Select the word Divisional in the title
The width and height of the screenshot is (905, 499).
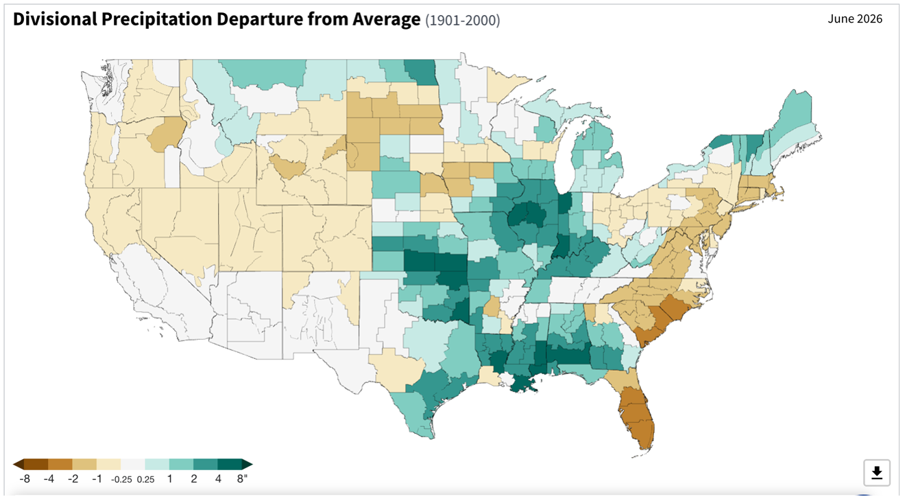pyautogui.click(x=56, y=19)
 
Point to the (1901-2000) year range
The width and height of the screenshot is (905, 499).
pyautogui.click(x=463, y=20)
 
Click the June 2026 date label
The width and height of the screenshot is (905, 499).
pyautogui.click(x=855, y=19)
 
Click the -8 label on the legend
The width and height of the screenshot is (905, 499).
pyautogui.click(x=25, y=479)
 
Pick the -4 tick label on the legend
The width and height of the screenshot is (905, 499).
pyautogui.click(x=49, y=479)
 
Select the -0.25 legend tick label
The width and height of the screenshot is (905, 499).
pyautogui.click(x=121, y=480)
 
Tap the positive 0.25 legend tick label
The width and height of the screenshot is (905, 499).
pyautogui.click(x=145, y=480)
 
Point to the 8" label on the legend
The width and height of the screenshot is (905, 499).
pyautogui.click(x=242, y=479)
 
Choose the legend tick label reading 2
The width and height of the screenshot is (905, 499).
pyautogui.click(x=194, y=479)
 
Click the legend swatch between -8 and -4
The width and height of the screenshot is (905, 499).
pyautogui.click(x=36, y=464)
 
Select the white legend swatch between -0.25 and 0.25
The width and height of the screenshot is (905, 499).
pyautogui.click(x=133, y=464)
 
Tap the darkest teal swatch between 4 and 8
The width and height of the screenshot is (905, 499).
pyautogui.click(x=230, y=464)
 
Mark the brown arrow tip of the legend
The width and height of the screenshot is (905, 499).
pyautogui.click(x=13, y=464)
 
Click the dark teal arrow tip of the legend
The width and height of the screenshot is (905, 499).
pyautogui.click(x=252, y=464)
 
